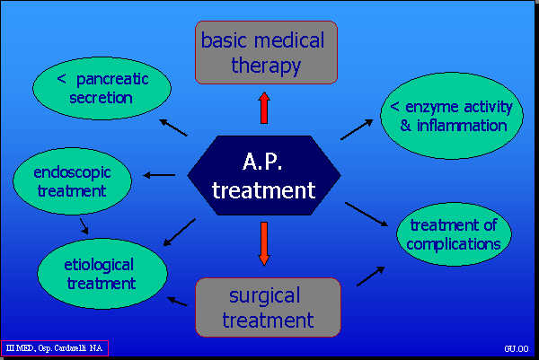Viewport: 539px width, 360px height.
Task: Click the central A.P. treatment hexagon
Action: point(264,175)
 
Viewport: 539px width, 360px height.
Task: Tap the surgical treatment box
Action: point(268,306)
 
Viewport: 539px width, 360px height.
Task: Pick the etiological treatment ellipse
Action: point(102,273)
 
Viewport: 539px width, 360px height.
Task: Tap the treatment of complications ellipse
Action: point(455,233)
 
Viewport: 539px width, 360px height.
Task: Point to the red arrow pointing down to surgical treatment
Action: point(263,242)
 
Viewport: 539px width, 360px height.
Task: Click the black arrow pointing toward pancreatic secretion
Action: point(172,127)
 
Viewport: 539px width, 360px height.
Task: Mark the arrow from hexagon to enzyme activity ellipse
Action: point(357,128)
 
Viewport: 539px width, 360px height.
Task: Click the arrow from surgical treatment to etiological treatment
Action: point(178,302)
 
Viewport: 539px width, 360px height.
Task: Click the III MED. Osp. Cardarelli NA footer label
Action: point(55,347)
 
